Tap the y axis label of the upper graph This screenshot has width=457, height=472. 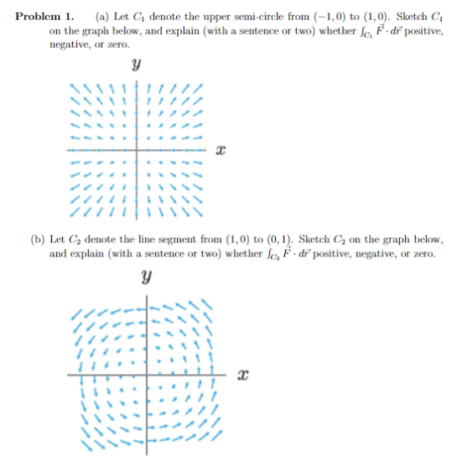click(x=135, y=64)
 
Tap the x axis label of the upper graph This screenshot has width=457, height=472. click(x=221, y=151)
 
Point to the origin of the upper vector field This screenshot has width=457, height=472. click(x=140, y=151)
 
